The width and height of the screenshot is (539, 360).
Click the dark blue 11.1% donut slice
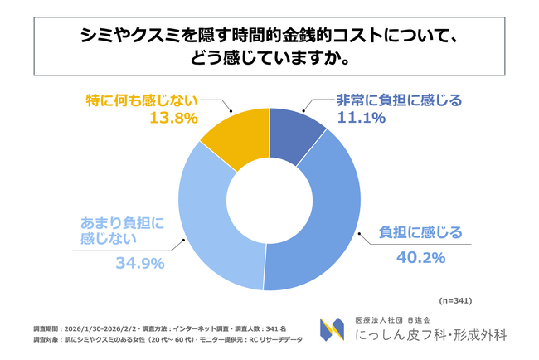(296, 141)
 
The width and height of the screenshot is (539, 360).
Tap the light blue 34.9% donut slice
(211, 224)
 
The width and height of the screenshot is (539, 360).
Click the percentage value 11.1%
(359, 118)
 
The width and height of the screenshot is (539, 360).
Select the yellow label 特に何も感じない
(142, 99)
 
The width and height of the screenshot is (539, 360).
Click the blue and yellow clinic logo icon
(333, 332)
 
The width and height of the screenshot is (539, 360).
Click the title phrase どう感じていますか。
(269, 59)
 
